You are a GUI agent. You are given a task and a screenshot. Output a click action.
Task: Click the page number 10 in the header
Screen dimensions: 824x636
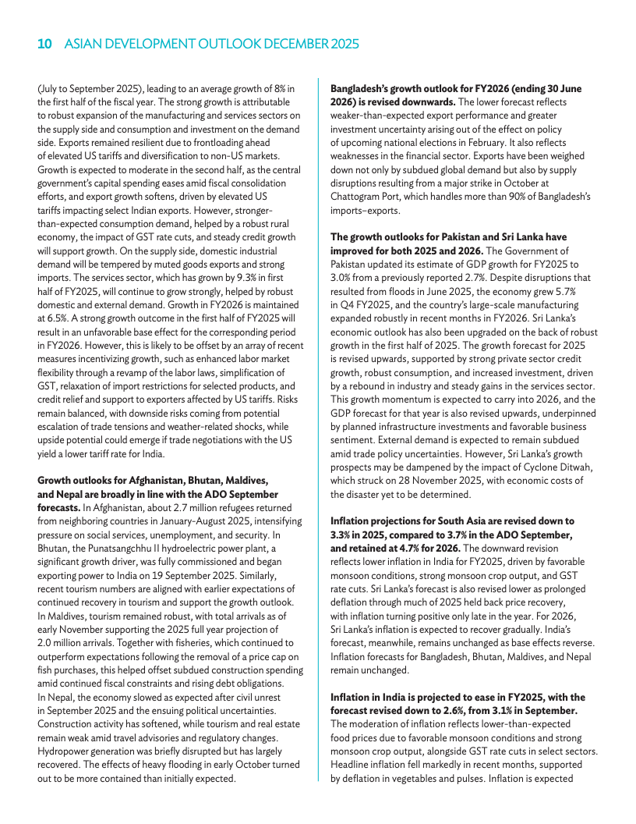point(44,45)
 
